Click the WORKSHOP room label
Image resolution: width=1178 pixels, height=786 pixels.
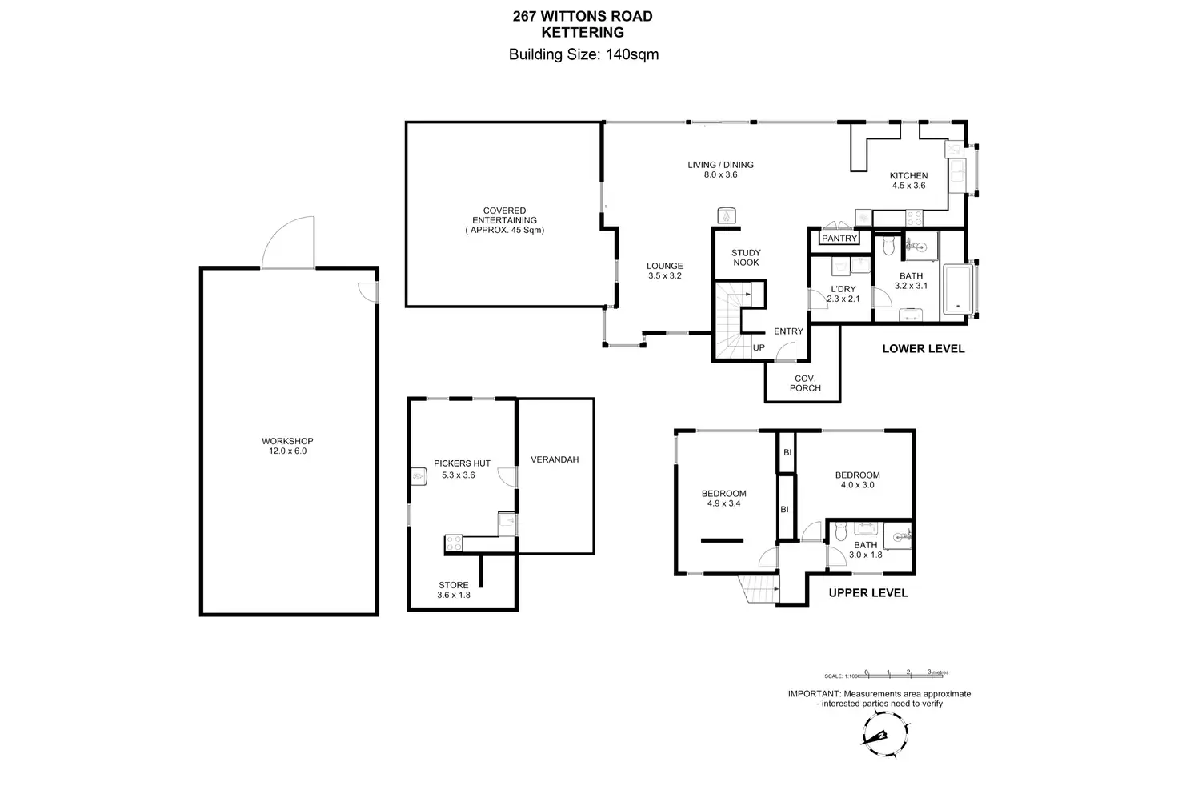pos(287,441)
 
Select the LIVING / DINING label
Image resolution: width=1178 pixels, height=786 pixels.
pos(720,165)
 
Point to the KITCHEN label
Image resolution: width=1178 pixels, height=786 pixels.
pos(908,176)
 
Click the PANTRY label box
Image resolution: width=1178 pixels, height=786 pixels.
pos(839,239)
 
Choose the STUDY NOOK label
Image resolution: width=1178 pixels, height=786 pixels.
pos(746,258)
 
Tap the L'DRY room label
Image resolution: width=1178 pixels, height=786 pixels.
pos(843,289)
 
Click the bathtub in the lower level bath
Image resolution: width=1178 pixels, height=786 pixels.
pos(957,289)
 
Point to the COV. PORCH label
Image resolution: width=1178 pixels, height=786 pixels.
pos(805,383)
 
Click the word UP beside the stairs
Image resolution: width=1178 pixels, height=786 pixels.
pos(759,348)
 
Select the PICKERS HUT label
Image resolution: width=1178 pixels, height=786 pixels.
pos(462,463)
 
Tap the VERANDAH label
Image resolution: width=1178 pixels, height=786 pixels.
pos(555,460)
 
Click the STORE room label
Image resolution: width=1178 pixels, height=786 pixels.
pos(454,585)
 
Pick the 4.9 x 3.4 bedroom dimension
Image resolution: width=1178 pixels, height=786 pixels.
pos(723,504)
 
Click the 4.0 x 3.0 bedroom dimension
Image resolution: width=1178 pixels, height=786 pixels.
pos(857,485)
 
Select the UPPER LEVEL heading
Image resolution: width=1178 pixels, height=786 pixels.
pos(867,593)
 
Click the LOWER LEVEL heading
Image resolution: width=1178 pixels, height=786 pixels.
pos(923,349)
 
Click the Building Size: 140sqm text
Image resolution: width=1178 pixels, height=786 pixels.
pos(583,54)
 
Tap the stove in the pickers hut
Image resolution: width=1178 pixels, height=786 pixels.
pos(453,543)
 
